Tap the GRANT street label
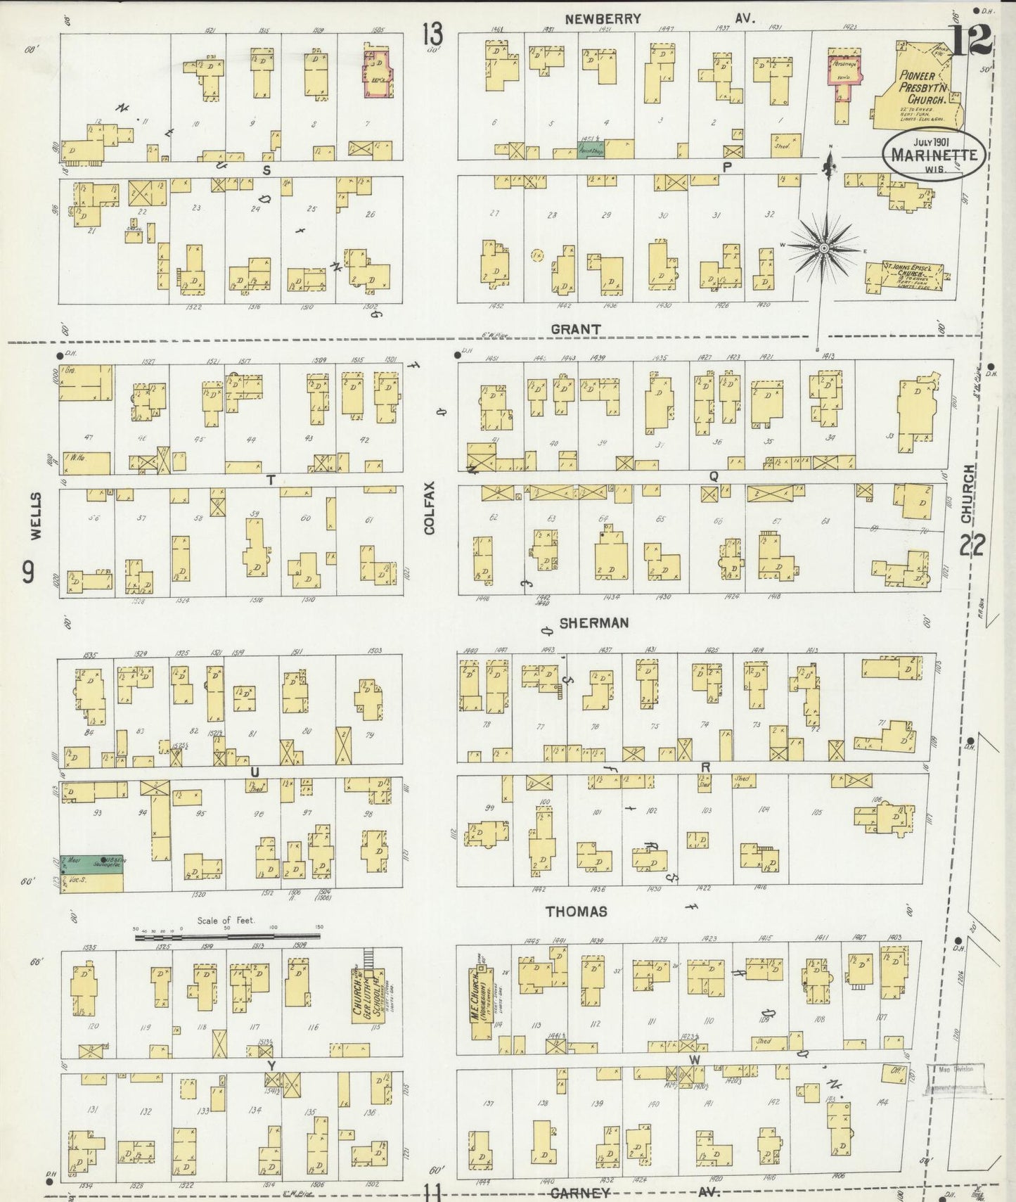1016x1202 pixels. tap(575, 328)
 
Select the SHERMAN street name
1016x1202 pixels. tap(594, 622)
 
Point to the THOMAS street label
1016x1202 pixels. tap(577, 911)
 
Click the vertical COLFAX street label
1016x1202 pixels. tap(429, 507)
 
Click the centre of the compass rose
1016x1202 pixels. tap(823, 247)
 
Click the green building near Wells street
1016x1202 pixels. tap(91, 864)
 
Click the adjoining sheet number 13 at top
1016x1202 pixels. tap(433, 34)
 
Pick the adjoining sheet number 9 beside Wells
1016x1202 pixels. tap(27, 573)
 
